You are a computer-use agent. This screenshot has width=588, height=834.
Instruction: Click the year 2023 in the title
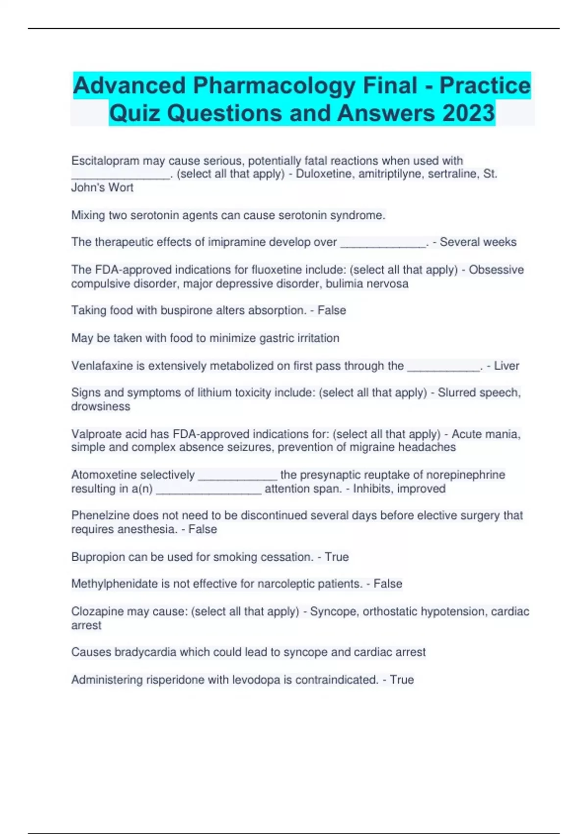click(x=468, y=113)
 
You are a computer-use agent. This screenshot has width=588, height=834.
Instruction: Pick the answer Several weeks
click(x=478, y=242)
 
